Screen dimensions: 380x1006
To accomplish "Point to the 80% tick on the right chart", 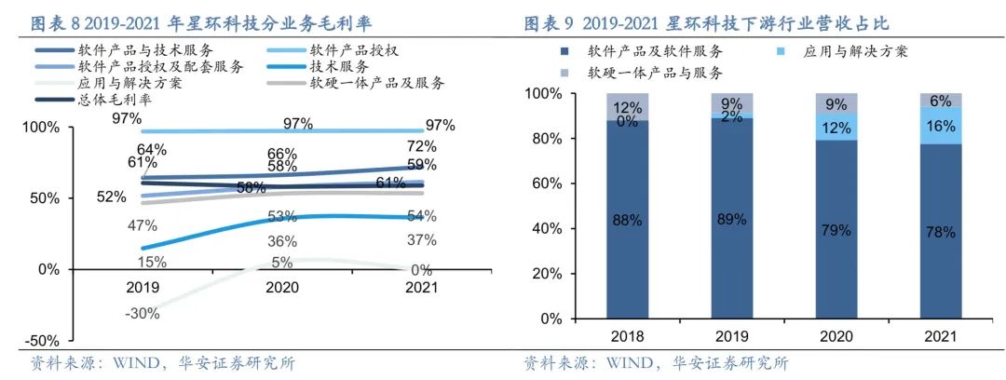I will coord(542,139).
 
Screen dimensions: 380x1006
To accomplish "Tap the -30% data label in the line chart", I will coord(142,313).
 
